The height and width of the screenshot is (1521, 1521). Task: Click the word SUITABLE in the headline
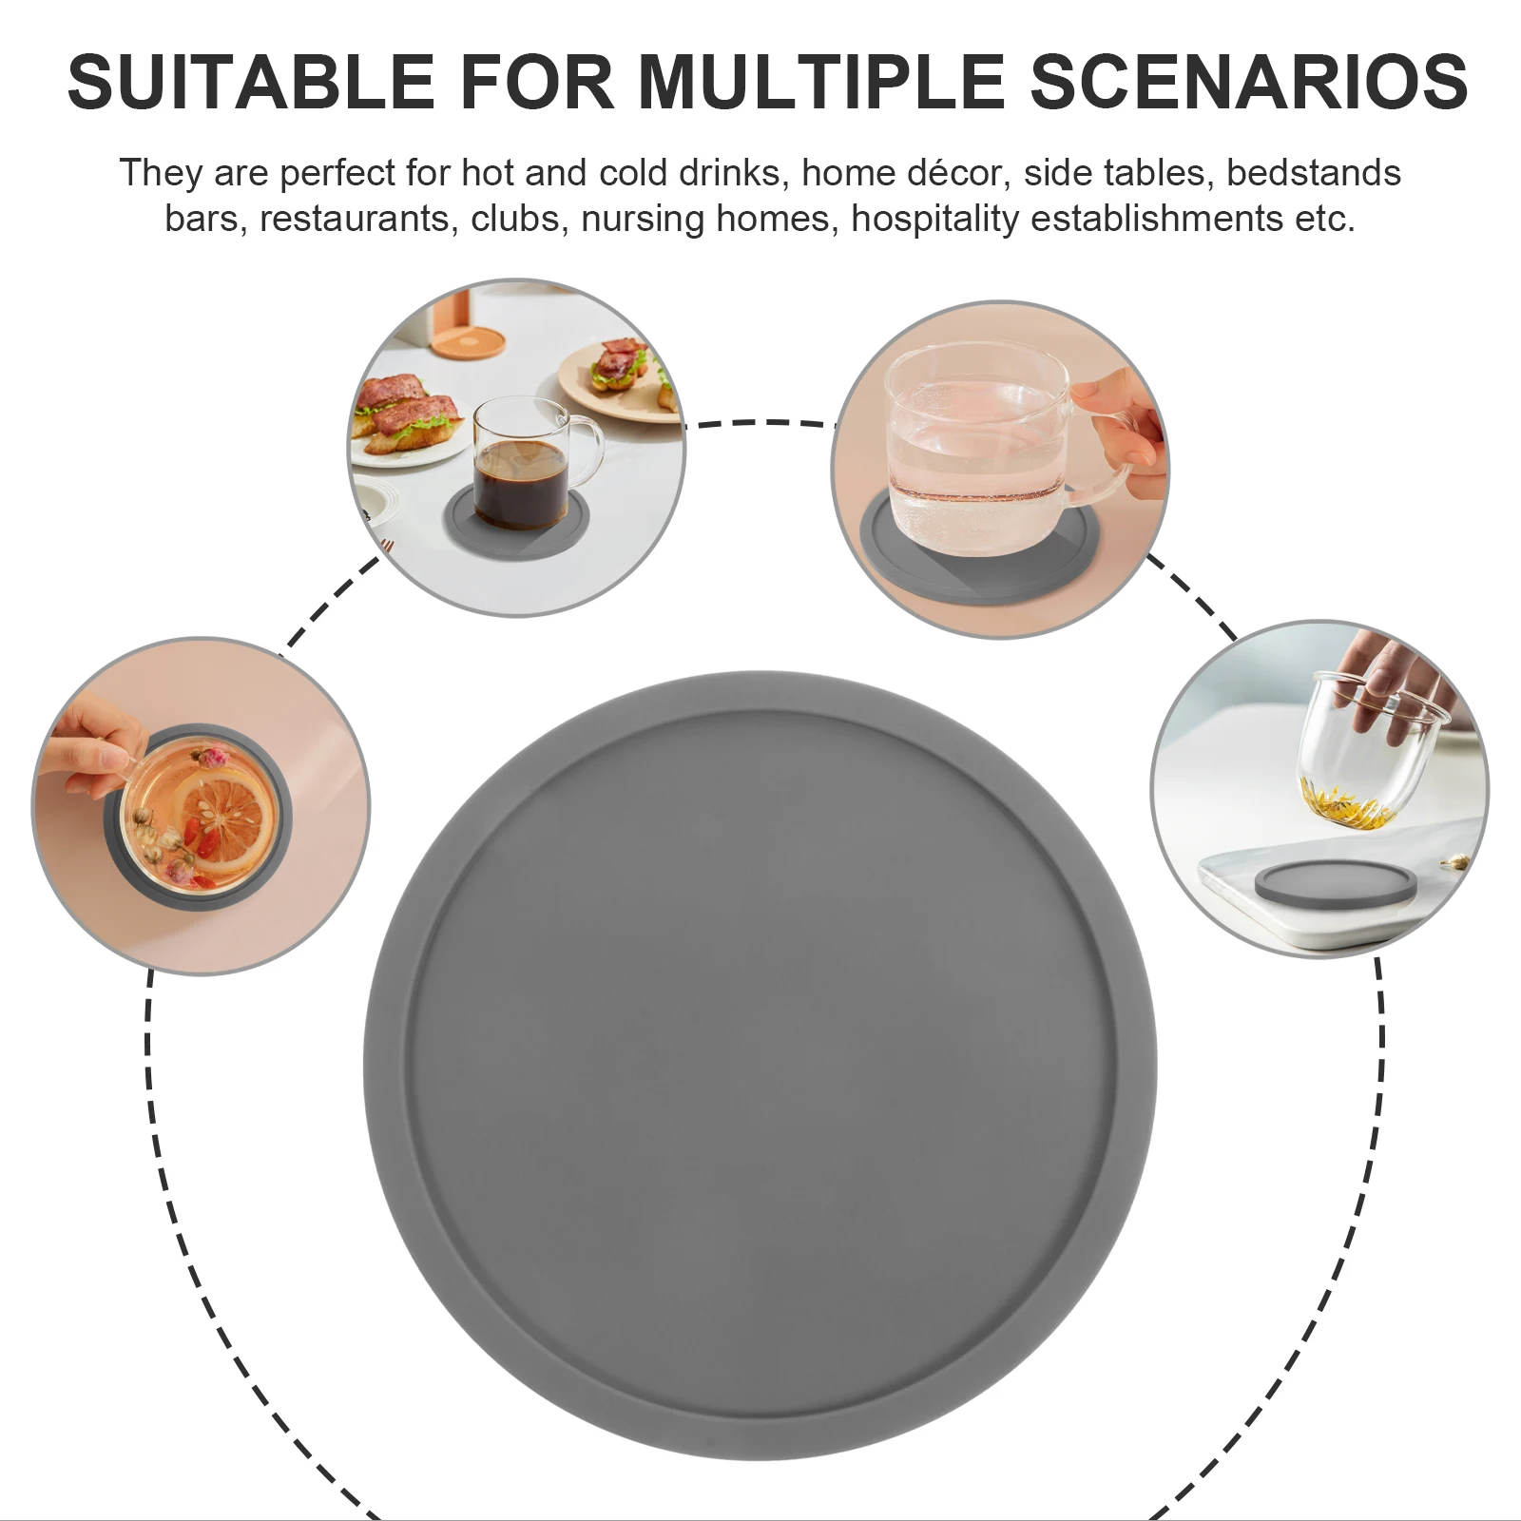click(x=251, y=82)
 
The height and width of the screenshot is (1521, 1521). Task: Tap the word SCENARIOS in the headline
click(x=1249, y=82)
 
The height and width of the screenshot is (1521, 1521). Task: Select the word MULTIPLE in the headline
click(x=821, y=82)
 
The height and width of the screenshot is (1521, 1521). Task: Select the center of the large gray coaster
click(x=760, y=1065)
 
